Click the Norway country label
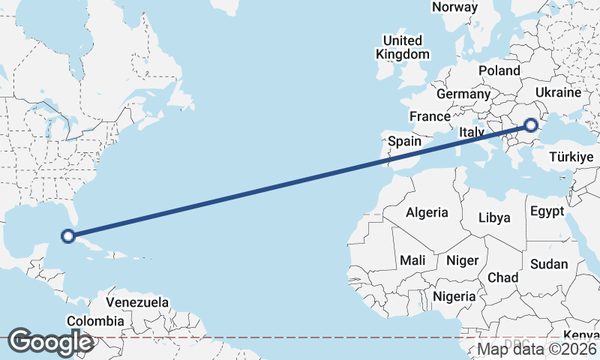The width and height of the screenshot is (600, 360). pos(454,7)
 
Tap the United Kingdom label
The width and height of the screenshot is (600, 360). pos(403,47)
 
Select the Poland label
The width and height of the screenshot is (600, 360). pos(499,70)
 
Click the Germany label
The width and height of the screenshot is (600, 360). pos(463,94)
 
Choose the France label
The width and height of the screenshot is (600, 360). pos(430,117)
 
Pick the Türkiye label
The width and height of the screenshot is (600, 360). pos(571,157)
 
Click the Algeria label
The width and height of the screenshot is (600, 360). pos(427,213)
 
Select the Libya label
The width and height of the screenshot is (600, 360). pos(494,218)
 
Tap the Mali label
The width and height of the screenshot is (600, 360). pos(412,260)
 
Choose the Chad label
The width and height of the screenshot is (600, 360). pos(502,277)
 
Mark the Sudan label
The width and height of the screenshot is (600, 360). pos(549,264)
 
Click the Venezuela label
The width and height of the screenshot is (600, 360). pos(136,302)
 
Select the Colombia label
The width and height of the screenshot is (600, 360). pos(95,321)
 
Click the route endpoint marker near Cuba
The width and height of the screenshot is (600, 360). pos(67,236)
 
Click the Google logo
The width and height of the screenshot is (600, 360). pos(50,342)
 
